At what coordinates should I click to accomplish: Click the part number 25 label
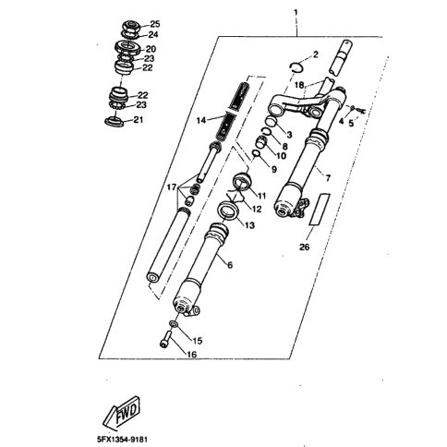(155, 24)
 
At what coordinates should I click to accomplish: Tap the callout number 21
(138, 119)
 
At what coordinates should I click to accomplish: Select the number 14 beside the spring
(201, 120)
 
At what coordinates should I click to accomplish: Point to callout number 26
(305, 247)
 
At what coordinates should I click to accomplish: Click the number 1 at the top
(296, 13)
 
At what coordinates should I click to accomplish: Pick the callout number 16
(192, 355)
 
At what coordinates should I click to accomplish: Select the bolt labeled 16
(166, 339)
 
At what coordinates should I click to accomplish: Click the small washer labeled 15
(174, 323)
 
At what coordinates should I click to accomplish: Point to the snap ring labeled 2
(296, 67)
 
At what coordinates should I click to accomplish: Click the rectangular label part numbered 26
(320, 209)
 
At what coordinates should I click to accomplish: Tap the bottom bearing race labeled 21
(115, 121)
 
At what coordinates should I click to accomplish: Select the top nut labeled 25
(132, 25)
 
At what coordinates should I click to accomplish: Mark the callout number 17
(172, 187)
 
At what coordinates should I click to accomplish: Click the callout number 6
(230, 264)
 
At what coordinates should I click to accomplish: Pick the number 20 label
(151, 49)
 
